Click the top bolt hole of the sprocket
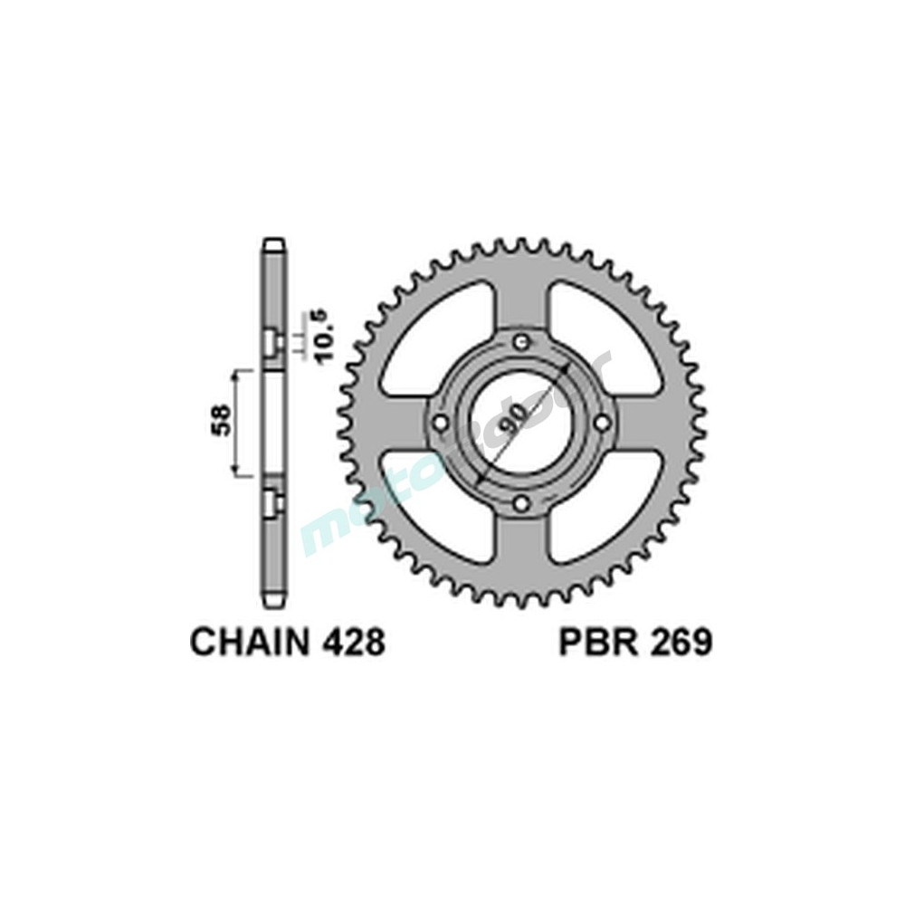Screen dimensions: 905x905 [x=520, y=342]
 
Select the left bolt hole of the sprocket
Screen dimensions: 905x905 [x=439, y=424]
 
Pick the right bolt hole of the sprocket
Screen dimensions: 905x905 [x=602, y=424]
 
